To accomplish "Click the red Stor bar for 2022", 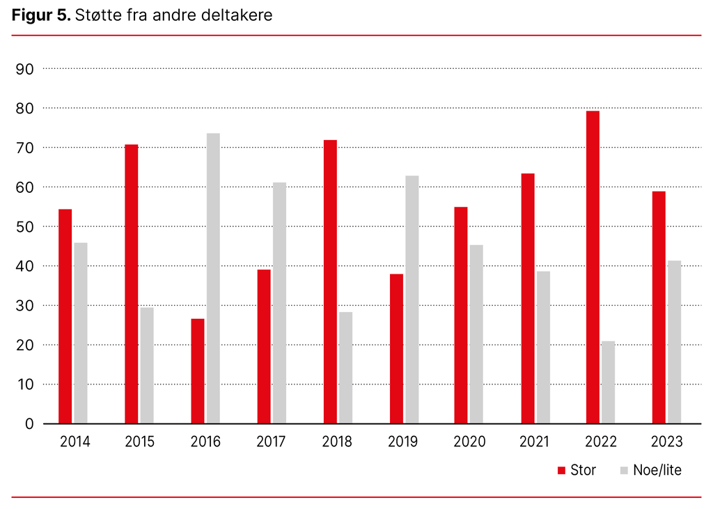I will [x=593, y=267].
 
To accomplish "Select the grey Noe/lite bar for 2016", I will [x=213, y=279].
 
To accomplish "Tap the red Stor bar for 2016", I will [x=198, y=371].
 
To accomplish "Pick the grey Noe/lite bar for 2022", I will [x=608, y=382].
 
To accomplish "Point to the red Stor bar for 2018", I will [x=330, y=282].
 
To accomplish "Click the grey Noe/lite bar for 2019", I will [x=412, y=299].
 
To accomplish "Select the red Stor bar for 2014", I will [x=65, y=316].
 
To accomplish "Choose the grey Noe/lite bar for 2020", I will [x=476, y=334].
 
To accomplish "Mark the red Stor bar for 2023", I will [x=659, y=307].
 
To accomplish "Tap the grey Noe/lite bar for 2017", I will [x=279, y=303].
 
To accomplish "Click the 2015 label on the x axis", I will [x=140, y=441].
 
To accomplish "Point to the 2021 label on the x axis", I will [x=535, y=441].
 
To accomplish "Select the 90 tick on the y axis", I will [x=24, y=69].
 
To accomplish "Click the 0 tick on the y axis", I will [x=29, y=423].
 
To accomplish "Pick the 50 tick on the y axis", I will [x=24, y=227].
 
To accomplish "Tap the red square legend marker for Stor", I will [x=561, y=471].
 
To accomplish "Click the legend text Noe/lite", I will [x=657, y=471].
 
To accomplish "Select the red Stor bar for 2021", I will [x=528, y=298].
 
